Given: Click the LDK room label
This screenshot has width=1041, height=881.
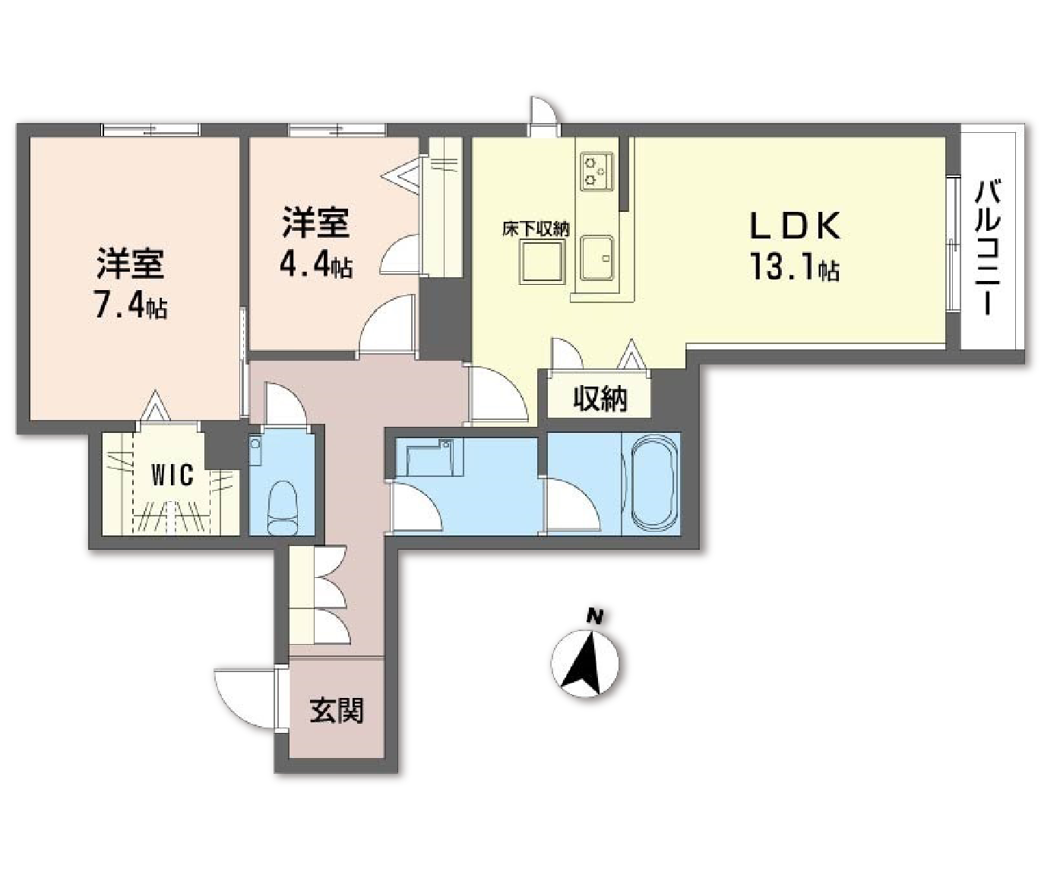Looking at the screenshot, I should pos(795,226).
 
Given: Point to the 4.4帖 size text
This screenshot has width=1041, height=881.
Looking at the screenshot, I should pos(316,264).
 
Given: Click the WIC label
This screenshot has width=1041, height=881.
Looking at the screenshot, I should pos(172,476).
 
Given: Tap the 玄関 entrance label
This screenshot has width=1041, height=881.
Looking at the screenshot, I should pos(336,710).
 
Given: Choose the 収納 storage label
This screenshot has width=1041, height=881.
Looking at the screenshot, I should pos(600,398).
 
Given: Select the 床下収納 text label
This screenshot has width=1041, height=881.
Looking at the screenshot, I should pos(536,229).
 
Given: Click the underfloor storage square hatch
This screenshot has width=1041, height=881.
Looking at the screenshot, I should pos(542,263).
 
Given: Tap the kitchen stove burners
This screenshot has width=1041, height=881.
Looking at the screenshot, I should pos(596,171).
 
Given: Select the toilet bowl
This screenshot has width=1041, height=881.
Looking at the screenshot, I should pos(282,506).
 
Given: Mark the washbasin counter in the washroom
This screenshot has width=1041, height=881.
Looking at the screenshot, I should pos(429,458).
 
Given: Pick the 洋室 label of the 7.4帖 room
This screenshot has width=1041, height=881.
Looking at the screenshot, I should pos(130,264).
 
